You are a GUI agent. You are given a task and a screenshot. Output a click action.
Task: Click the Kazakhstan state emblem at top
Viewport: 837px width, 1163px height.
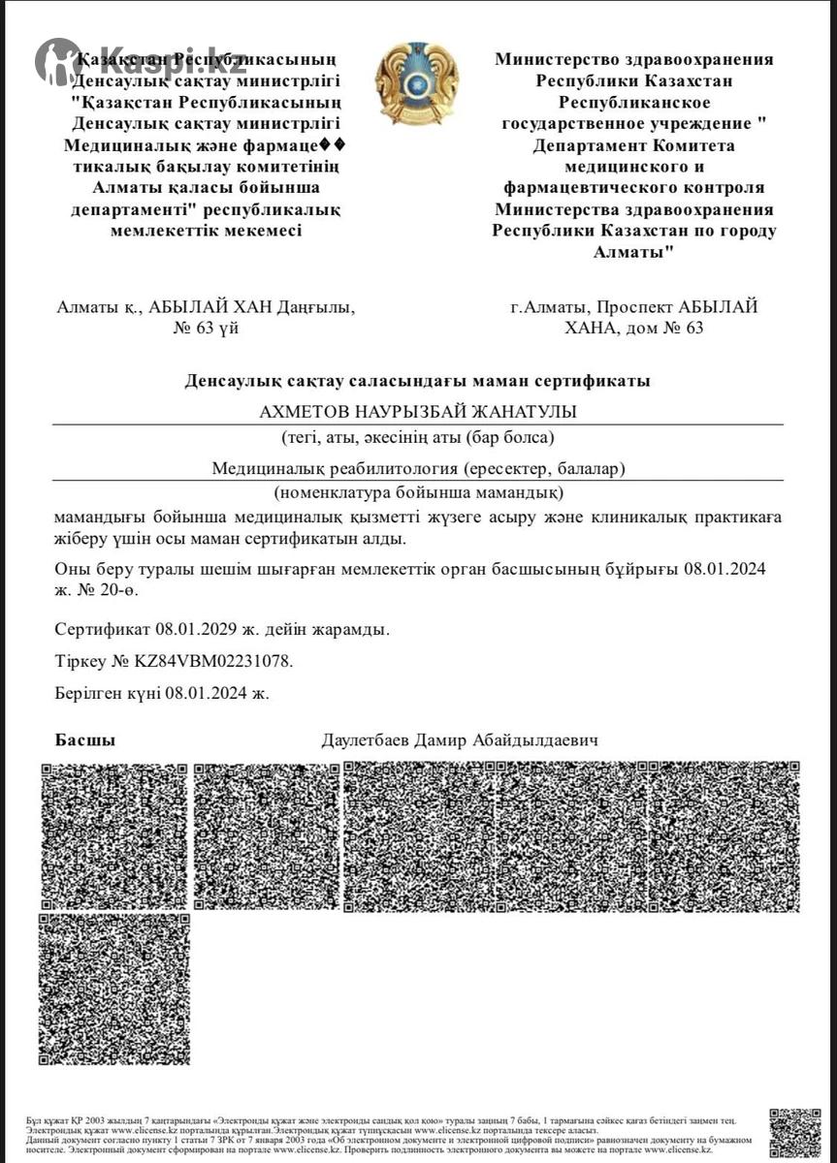coord(417,82)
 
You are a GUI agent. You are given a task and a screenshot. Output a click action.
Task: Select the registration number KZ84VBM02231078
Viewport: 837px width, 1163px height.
coord(211,661)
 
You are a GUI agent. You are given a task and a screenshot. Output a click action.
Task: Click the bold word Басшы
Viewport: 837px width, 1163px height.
coord(85,740)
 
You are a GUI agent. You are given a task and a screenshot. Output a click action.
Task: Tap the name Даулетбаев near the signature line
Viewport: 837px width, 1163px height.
coord(367,740)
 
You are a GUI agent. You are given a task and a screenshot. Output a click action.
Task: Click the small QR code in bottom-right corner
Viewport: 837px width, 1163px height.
coord(794,1131)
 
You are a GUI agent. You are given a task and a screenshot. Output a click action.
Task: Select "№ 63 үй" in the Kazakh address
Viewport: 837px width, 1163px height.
coord(206,328)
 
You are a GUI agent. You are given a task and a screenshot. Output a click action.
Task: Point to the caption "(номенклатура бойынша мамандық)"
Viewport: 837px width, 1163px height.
coord(417,491)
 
